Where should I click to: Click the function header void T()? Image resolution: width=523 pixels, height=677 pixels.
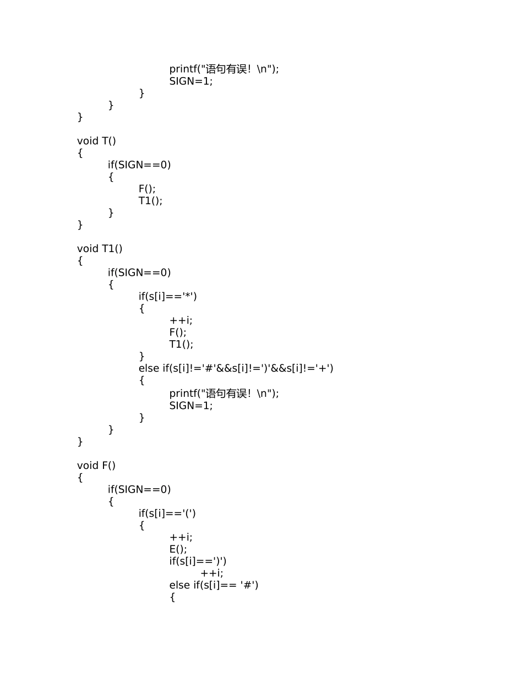[x=96, y=141]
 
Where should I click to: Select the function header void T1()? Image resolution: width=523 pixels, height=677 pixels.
[x=100, y=249]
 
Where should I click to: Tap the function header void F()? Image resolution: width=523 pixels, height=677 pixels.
[x=96, y=466]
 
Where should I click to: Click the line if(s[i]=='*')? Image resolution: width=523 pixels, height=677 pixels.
[x=167, y=296]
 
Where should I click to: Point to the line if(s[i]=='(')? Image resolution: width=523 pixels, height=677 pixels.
[x=167, y=513]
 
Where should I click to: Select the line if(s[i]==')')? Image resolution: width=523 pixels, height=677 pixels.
[x=198, y=561]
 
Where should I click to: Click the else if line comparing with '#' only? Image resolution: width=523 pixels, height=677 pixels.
[x=214, y=585]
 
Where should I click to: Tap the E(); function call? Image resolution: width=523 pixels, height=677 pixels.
[x=178, y=549]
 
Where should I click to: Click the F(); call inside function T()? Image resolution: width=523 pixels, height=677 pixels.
[x=147, y=189]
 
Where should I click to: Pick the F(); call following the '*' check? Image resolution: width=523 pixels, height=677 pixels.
[x=178, y=332]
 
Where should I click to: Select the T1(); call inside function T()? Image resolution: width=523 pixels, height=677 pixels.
[x=150, y=201]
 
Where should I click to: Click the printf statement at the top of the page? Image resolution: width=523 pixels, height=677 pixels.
[x=224, y=69]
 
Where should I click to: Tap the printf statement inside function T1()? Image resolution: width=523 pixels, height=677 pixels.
[x=224, y=394]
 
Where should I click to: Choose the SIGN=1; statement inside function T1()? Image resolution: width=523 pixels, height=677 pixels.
[x=191, y=406]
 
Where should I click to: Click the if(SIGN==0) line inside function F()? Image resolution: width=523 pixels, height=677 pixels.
[x=139, y=489]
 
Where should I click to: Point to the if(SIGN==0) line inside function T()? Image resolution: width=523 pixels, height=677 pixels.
[x=139, y=165]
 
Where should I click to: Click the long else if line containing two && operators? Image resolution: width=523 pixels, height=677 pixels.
[x=236, y=368]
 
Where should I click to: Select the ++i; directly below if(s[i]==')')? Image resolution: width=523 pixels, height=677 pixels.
[x=212, y=573]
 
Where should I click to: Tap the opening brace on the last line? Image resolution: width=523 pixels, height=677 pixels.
[x=172, y=597]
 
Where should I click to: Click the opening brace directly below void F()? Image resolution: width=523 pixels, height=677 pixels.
[x=80, y=478]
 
